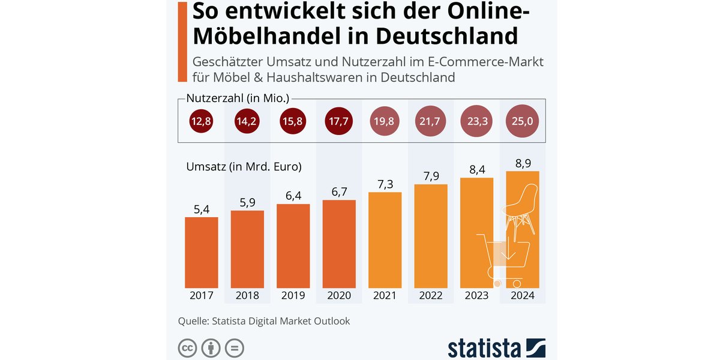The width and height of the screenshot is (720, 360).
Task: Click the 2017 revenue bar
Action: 201,252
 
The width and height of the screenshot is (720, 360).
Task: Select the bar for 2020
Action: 339,243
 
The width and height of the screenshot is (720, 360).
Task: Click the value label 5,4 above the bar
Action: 201,209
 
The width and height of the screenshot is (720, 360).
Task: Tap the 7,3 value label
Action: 385,184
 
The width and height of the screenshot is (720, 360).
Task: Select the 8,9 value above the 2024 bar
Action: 523,163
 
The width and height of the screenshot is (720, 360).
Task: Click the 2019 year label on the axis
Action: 293,296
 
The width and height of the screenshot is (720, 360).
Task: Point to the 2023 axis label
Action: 477,296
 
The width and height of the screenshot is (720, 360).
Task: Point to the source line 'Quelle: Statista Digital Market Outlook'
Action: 264,321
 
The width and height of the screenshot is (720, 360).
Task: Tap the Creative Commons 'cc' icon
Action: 188,348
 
